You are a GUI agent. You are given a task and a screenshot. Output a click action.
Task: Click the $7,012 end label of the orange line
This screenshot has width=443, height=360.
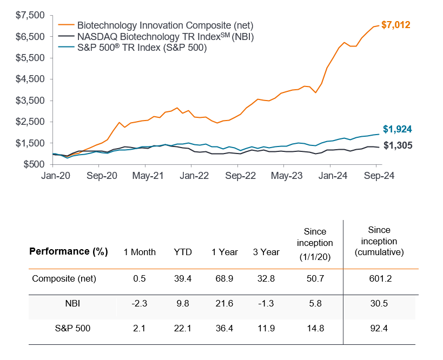(x=396, y=25)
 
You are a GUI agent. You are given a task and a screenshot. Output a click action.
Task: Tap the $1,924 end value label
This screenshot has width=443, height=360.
(x=398, y=129)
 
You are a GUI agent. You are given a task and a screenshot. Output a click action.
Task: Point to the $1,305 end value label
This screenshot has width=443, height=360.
(x=398, y=145)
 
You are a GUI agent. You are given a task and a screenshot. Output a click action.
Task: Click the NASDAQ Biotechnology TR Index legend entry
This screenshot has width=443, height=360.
(x=166, y=37)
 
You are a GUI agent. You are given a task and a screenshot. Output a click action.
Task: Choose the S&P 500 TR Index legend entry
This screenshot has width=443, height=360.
(x=142, y=48)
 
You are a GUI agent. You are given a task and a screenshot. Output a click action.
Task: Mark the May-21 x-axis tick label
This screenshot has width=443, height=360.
(x=148, y=176)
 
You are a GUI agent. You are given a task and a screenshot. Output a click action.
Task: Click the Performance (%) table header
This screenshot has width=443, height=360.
(x=68, y=251)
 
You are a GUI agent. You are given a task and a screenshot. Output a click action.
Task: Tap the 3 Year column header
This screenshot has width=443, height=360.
(x=266, y=252)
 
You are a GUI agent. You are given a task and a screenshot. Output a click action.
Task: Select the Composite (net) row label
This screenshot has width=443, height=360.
(x=64, y=279)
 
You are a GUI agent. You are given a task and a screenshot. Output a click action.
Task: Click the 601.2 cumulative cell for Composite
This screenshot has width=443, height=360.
(x=382, y=279)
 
